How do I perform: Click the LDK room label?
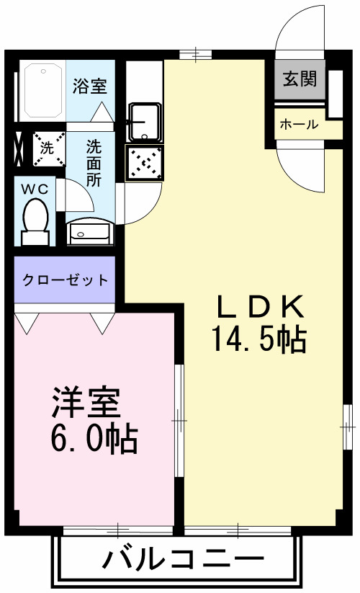coord(260,307)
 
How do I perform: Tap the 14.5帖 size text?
coord(259,339)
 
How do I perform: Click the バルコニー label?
coord(182,559)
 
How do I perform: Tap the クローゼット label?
coord(65,280)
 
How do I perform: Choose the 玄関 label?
coord(300,79)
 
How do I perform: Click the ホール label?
coord(299,124)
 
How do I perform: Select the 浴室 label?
coord(90,86)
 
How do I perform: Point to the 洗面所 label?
coord(94,164)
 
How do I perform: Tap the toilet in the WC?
coord(35,220)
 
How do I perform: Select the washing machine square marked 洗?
coord(47,149)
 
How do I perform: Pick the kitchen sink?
coord(145,122)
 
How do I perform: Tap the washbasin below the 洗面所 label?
coord(89,232)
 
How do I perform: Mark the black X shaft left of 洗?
coord(18,149)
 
